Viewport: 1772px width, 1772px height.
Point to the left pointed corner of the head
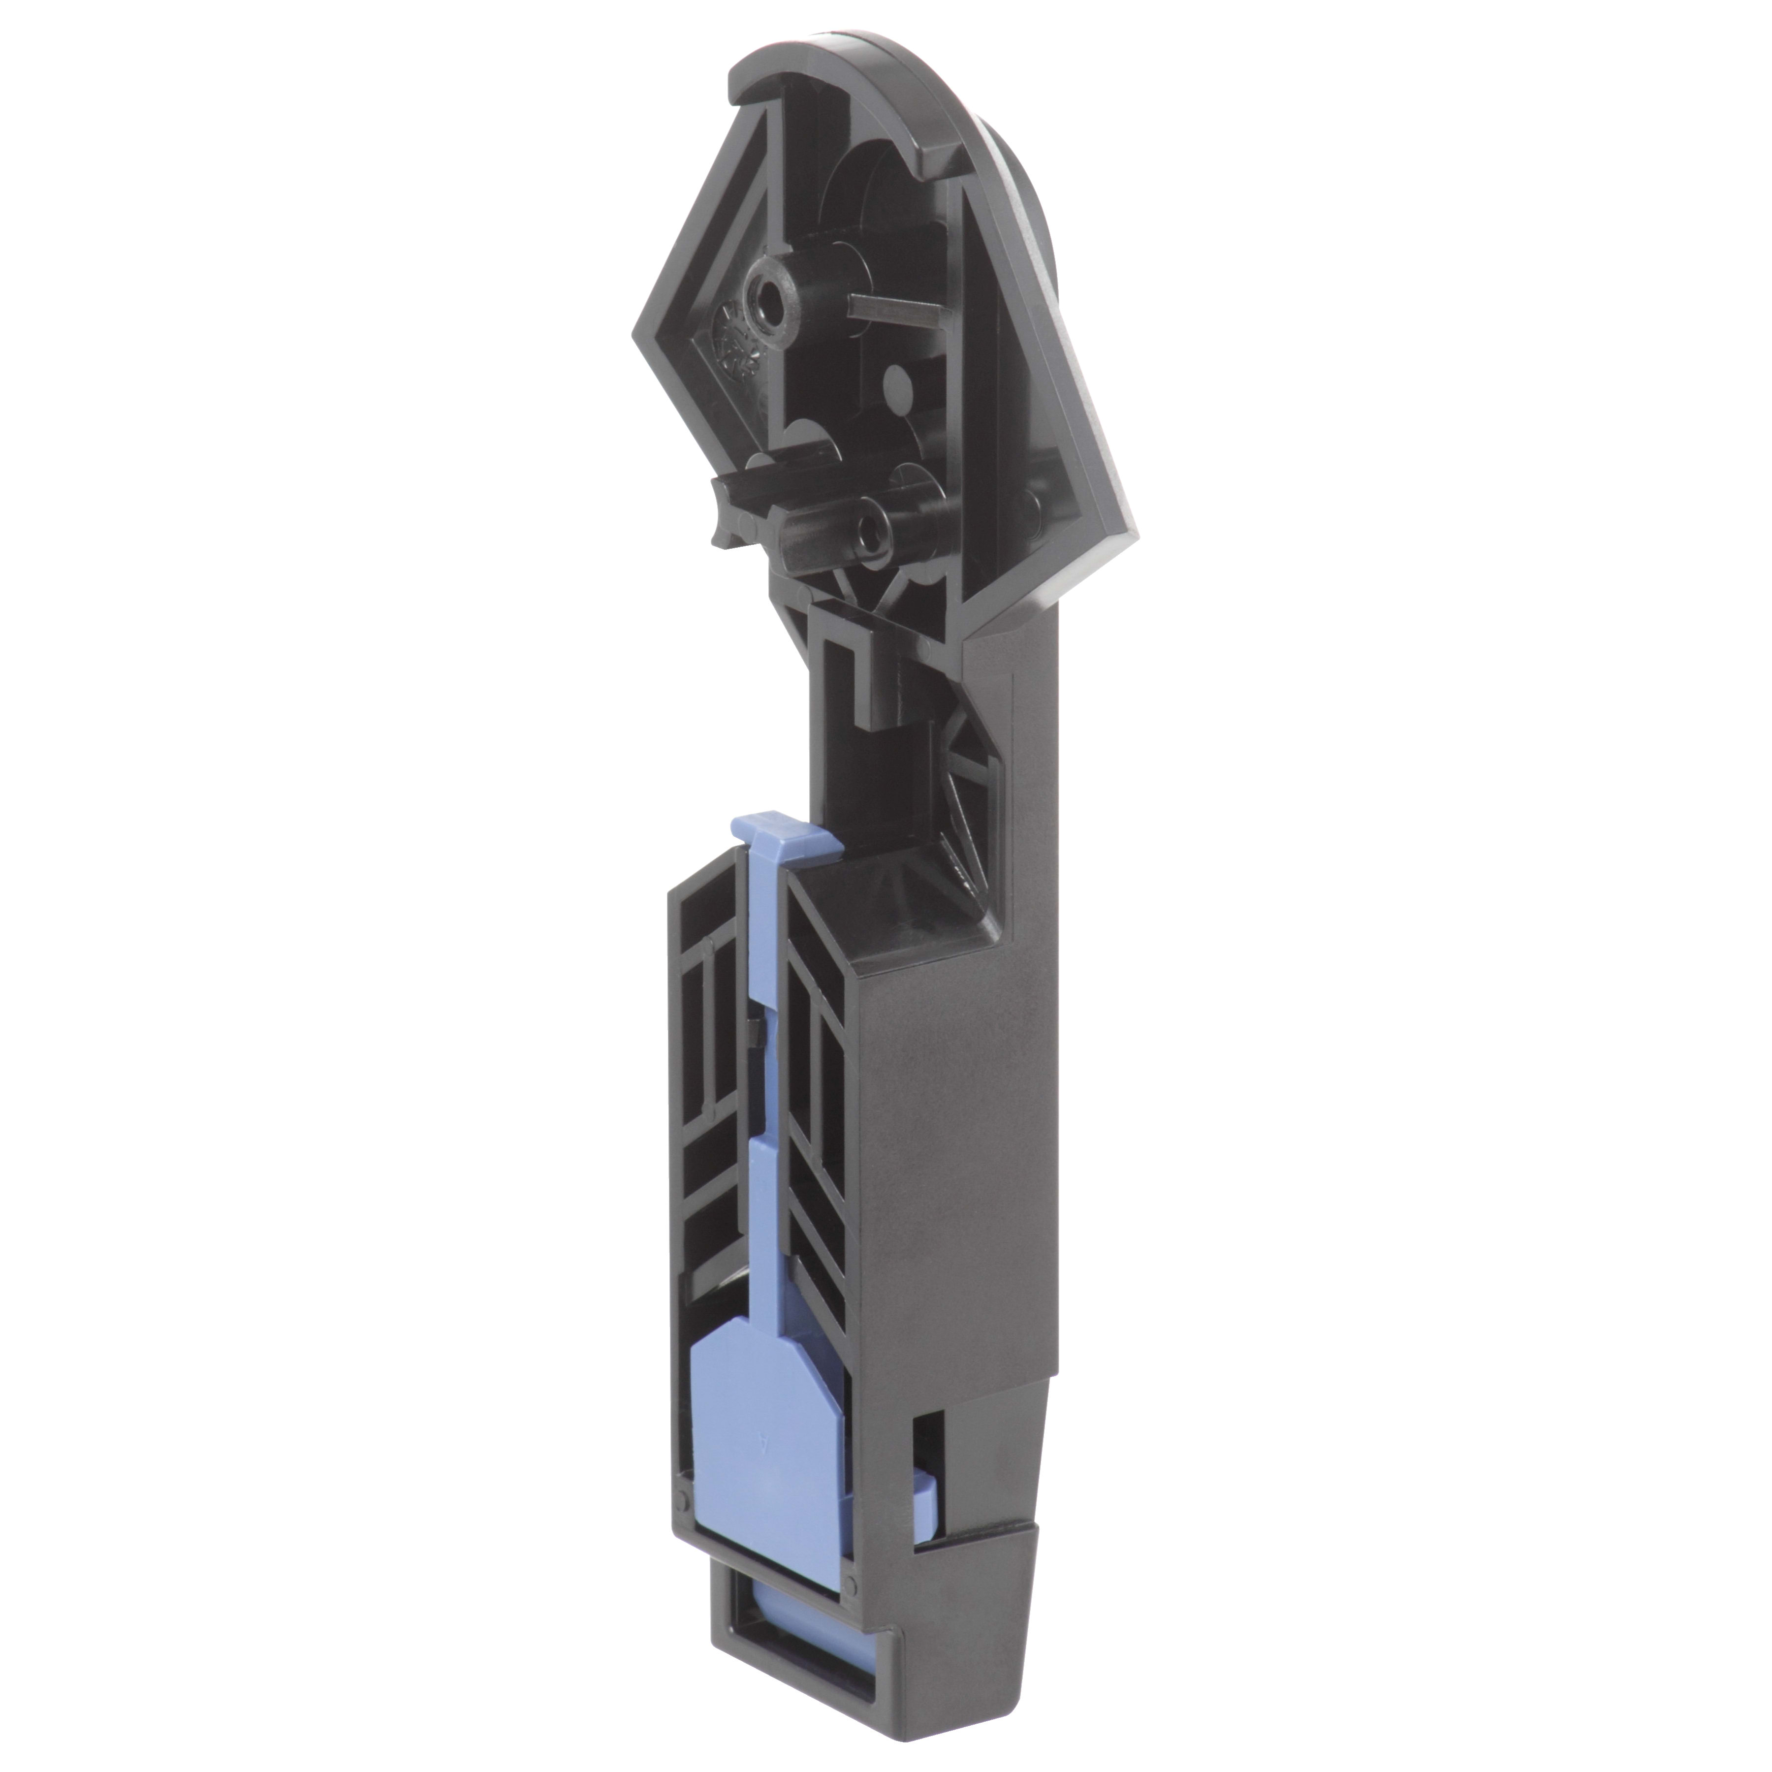coord(640,332)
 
